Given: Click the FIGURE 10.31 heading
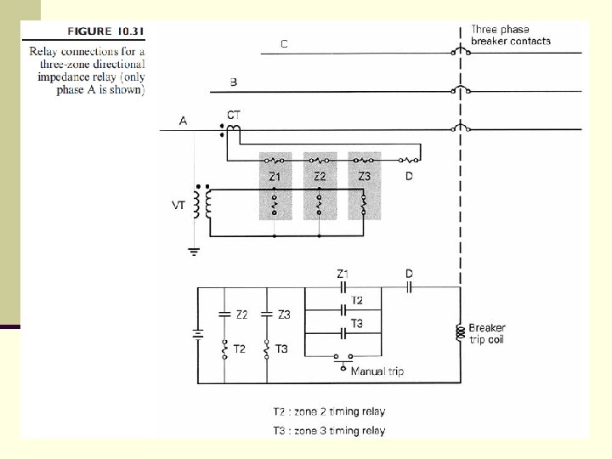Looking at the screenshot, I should tap(105, 32).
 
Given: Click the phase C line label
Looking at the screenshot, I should tap(283, 43).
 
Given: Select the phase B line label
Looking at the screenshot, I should tap(234, 82).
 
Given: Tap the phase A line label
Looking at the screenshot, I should tap(183, 121).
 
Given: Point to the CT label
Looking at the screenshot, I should tap(233, 114).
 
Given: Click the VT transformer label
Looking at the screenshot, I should tap(179, 205).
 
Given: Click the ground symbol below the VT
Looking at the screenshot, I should tap(193, 252).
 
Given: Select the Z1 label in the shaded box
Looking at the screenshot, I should tap(275, 177).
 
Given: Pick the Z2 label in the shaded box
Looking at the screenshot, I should tap(320, 177).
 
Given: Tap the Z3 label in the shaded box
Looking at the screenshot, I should tap(364, 177).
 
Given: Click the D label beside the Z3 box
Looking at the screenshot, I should tap(409, 177).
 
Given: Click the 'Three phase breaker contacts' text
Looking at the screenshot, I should tap(510, 35).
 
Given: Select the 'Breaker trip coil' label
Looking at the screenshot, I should tap(487, 333).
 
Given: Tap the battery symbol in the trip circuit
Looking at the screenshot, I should tap(198, 334).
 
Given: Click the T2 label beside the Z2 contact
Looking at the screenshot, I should tap(240, 349).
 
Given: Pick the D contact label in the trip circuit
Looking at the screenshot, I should tap(409, 274).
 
